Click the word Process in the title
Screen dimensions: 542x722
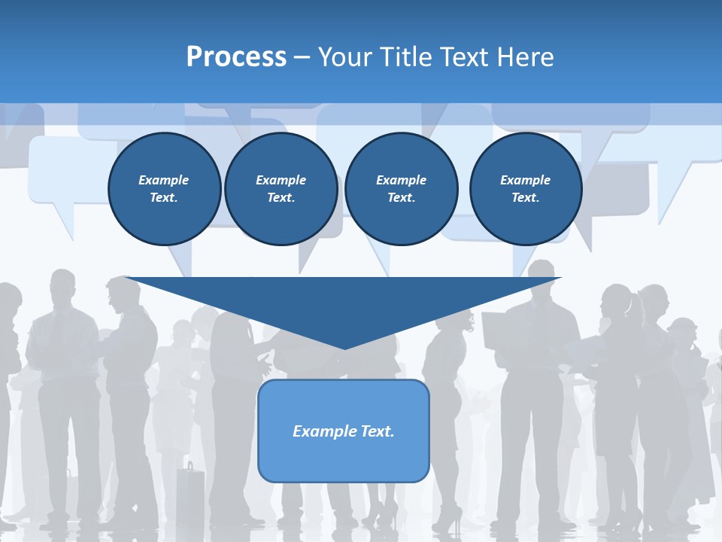[x=236, y=57]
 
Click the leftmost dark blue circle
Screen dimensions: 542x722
[x=164, y=189]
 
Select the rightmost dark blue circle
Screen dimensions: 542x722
[x=525, y=189]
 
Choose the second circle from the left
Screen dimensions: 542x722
[x=281, y=189]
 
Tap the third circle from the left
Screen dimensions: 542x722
[x=401, y=189]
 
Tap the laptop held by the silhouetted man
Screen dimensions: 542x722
[x=496, y=330]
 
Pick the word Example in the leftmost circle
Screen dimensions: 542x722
[x=164, y=180]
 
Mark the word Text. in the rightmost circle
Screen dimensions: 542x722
[x=525, y=198]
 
